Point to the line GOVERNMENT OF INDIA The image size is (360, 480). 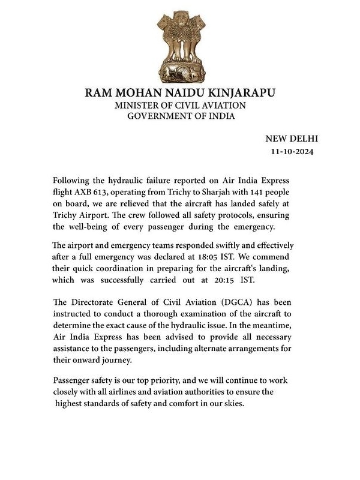(180, 116)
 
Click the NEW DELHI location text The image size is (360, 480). (289, 139)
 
